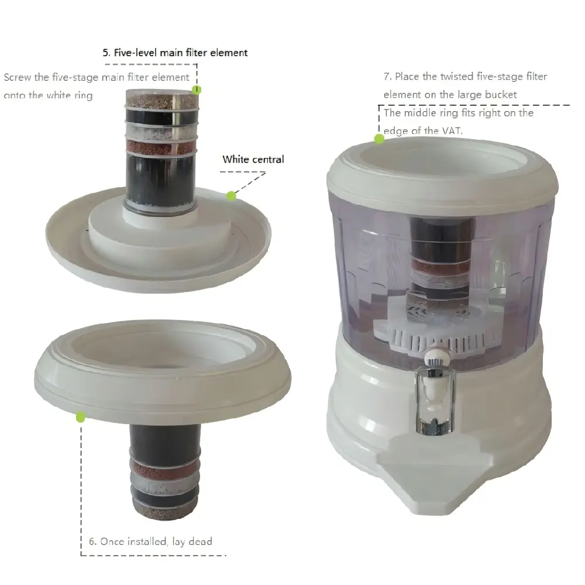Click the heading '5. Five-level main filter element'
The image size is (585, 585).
175,53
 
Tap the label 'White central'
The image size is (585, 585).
253,159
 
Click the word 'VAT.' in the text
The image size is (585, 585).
452,131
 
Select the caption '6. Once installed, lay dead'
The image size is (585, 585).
150,541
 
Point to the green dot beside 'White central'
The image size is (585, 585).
231,195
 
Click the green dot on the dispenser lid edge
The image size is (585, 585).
379,139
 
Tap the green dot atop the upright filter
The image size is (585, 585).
197,90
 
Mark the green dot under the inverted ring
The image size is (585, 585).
80,417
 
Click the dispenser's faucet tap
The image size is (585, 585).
435,395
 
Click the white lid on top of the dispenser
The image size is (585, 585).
442,171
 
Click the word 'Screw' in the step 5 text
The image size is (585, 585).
18,77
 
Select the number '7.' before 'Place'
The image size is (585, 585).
388,77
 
